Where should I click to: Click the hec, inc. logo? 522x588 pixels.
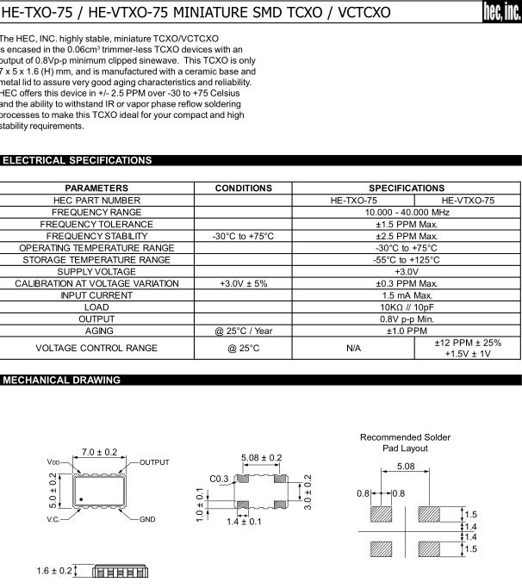point(502,13)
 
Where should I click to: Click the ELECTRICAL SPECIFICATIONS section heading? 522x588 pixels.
point(78,160)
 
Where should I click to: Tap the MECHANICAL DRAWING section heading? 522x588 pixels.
point(61,380)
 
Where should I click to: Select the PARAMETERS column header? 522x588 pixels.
point(96,188)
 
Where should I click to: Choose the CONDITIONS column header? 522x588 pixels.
point(243,188)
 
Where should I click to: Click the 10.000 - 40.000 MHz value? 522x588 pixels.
point(407,212)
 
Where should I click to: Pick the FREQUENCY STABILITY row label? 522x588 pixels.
point(96,236)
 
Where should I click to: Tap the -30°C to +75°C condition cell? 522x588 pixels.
point(243,236)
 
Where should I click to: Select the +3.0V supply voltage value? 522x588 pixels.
point(407,271)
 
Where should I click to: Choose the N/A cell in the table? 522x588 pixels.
point(353,348)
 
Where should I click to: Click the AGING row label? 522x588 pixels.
point(96,331)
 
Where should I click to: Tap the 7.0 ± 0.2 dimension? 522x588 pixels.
point(99,451)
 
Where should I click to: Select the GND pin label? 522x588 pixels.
point(147,520)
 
